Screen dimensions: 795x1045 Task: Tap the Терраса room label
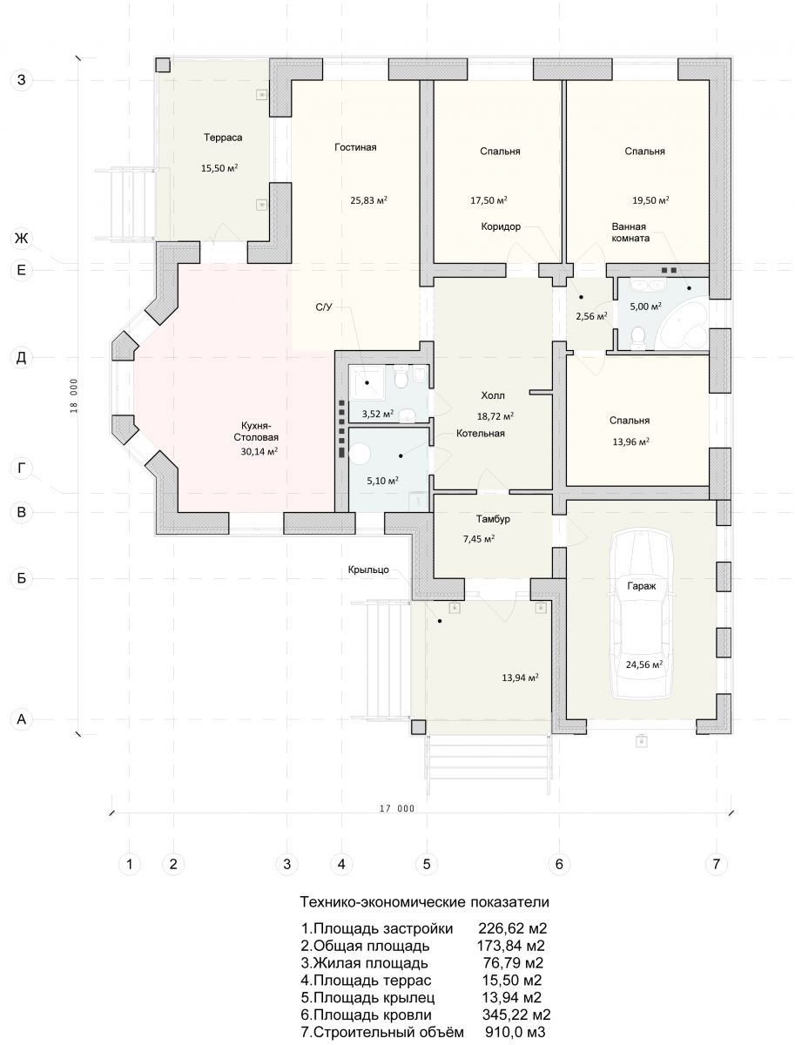tap(223, 138)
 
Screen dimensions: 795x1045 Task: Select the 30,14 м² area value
tap(259, 451)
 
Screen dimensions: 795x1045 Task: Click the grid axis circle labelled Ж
tap(22, 238)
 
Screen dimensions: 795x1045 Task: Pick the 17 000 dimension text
tap(397, 808)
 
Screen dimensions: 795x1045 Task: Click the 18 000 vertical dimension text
tap(74, 395)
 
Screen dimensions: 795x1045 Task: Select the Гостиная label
tap(355, 147)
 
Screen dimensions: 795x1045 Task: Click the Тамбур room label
tap(493, 519)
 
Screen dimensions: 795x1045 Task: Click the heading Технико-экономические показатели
tap(424, 901)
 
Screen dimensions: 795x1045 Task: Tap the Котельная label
tap(481, 433)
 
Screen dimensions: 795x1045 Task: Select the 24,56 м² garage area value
tap(644, 664)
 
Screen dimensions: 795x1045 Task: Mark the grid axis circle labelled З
tap(22, 79)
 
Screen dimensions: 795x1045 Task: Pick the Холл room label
tap(493, 395)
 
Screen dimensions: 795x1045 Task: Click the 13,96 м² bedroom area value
tap(631, 442)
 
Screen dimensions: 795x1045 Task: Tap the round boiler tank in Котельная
tap(360, 454)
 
